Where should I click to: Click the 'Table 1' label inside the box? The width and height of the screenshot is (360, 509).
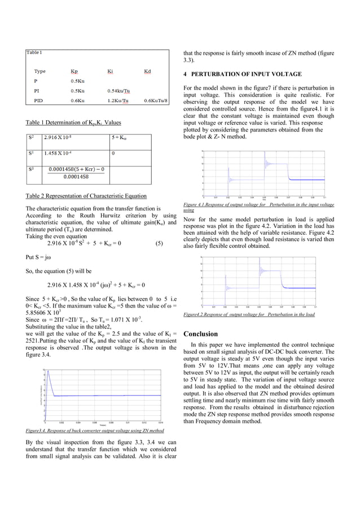pos(34,52)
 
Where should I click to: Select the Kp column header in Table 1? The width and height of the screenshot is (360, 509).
pos(74,72)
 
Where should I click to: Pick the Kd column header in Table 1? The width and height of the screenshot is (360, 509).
pos(147,72)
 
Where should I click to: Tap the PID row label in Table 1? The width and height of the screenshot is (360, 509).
pos(38,100)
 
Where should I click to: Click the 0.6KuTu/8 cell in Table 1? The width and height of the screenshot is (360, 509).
pos(156,100)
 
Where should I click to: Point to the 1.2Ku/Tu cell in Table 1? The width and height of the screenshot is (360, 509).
pos(118,100)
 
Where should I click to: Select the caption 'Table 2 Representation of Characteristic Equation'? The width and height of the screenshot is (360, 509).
pos(86,196)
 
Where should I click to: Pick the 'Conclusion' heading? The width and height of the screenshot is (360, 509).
pos(200,334)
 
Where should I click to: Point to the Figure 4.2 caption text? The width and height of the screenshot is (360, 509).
pos(249,314)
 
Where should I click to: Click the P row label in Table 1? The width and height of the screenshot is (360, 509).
pos(36,81)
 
